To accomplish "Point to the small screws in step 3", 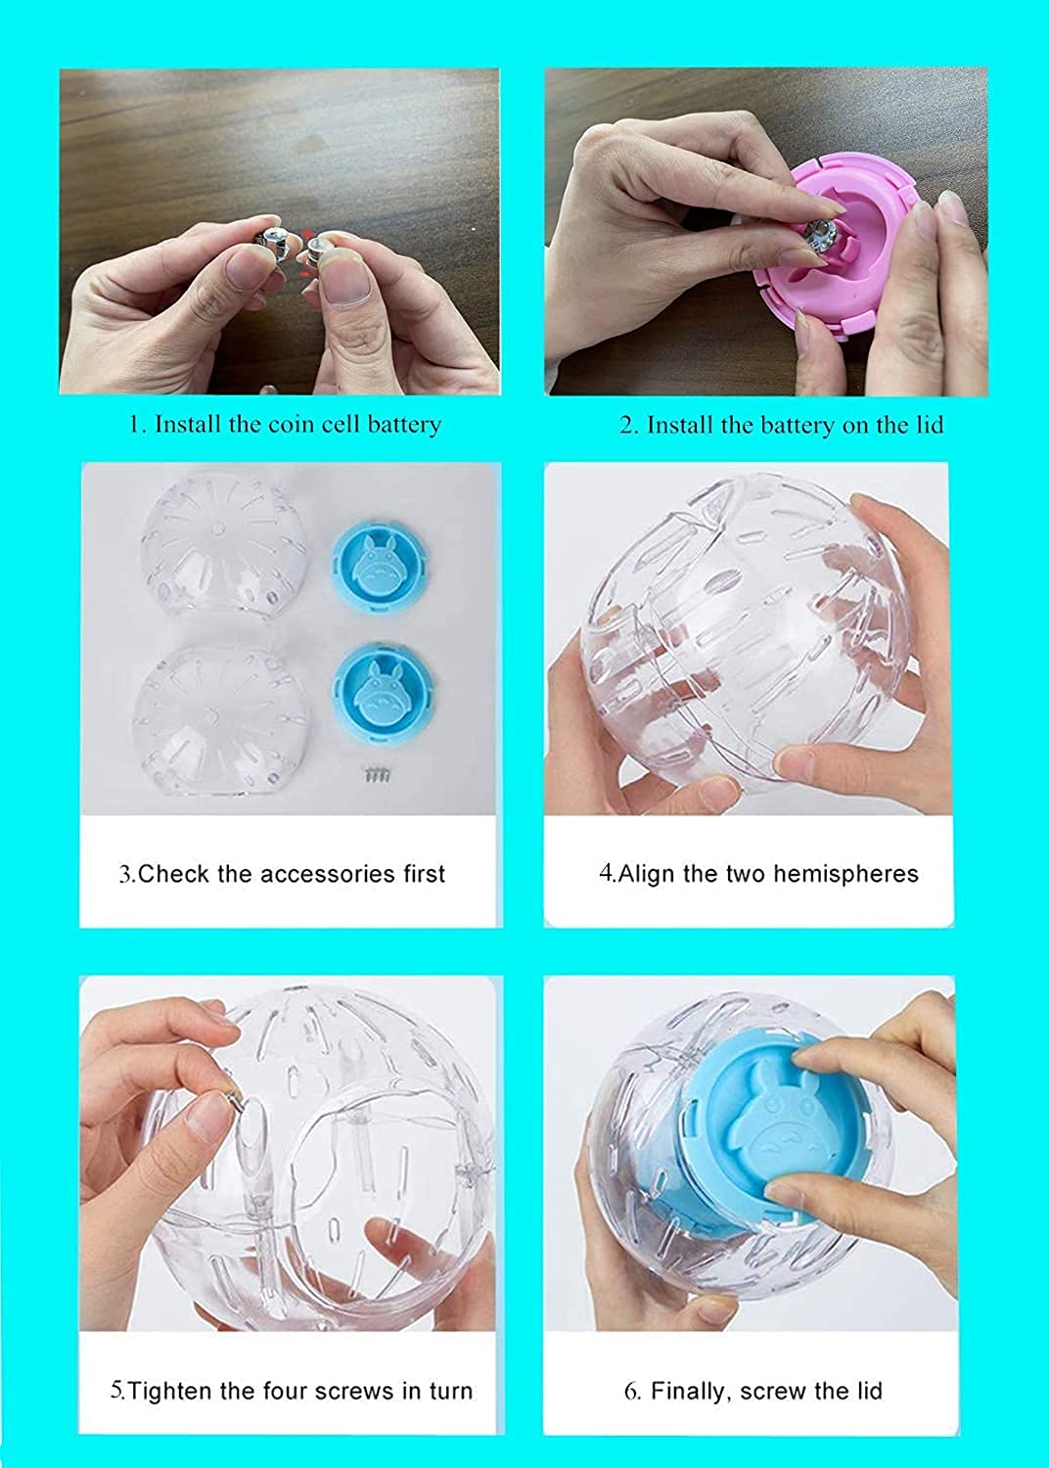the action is [378, 775].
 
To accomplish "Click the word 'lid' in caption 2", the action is [929, 425].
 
